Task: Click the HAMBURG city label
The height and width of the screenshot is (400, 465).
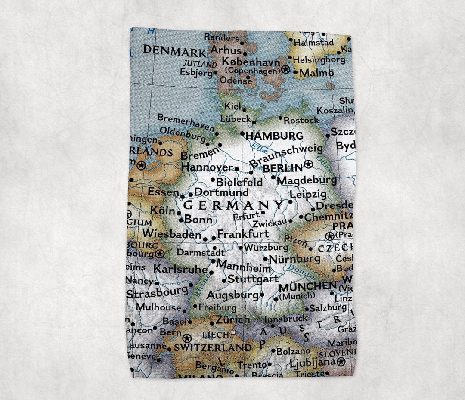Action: [274, 136]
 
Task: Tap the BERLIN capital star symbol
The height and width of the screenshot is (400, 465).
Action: [308, 164]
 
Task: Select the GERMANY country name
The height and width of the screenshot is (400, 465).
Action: [234, 205]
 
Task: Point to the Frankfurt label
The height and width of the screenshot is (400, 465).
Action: [243, 234]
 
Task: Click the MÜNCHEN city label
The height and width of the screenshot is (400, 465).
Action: [307, 286]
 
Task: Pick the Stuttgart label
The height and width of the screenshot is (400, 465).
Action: [253, 279]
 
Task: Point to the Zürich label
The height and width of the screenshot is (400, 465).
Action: [232, 320]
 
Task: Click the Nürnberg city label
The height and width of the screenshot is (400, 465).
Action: [294, 259]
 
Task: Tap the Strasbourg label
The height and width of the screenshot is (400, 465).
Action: [158, 292]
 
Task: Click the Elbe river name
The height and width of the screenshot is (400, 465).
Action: [260, 147]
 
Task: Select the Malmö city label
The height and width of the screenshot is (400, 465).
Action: [316, 73]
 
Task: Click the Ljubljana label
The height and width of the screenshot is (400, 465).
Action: [312, 363]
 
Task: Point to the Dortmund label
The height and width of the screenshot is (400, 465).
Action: [221, 192]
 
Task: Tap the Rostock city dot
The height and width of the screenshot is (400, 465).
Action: [280, 118]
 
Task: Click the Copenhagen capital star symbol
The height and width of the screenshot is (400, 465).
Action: [285, 69]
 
